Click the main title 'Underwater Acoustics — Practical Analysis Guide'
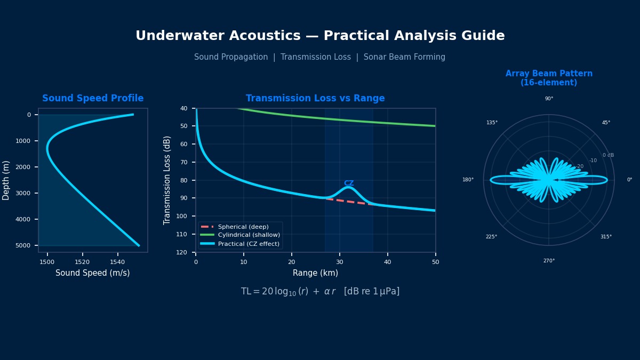[x=320, y=36]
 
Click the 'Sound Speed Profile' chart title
[x=93, y=99]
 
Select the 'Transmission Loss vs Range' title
[x=315, y=99]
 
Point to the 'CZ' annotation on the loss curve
[x=349, y=183]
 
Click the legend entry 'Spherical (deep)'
[x=243, y=227]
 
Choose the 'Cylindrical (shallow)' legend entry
[x=249, y=235]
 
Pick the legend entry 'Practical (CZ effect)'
[x=249, y=244]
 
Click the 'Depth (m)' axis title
[x=6, y=180]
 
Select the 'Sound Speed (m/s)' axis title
[x=93, y=273]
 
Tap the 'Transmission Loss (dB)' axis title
[x=167, y=180]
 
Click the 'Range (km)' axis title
[x=315, y=273]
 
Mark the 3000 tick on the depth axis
[x=25, y=193]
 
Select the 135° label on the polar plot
[x=492, y=123]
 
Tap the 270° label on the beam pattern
[x=549, y=261]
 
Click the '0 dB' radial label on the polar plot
[x=608, y=155]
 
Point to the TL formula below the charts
[x=320, y=292]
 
